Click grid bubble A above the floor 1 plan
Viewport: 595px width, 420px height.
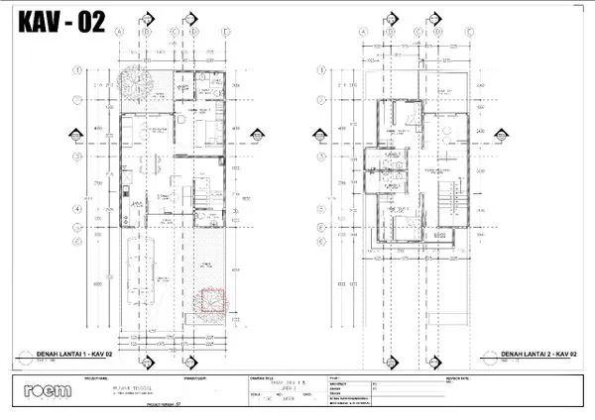tap(119, 31)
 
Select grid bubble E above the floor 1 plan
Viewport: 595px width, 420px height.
tap(226, 31)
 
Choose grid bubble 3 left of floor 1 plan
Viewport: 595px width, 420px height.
tap(76, 156)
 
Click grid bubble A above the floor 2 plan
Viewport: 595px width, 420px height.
tap(363, 31)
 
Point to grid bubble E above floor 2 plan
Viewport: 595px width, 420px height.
tap(468, 31)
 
